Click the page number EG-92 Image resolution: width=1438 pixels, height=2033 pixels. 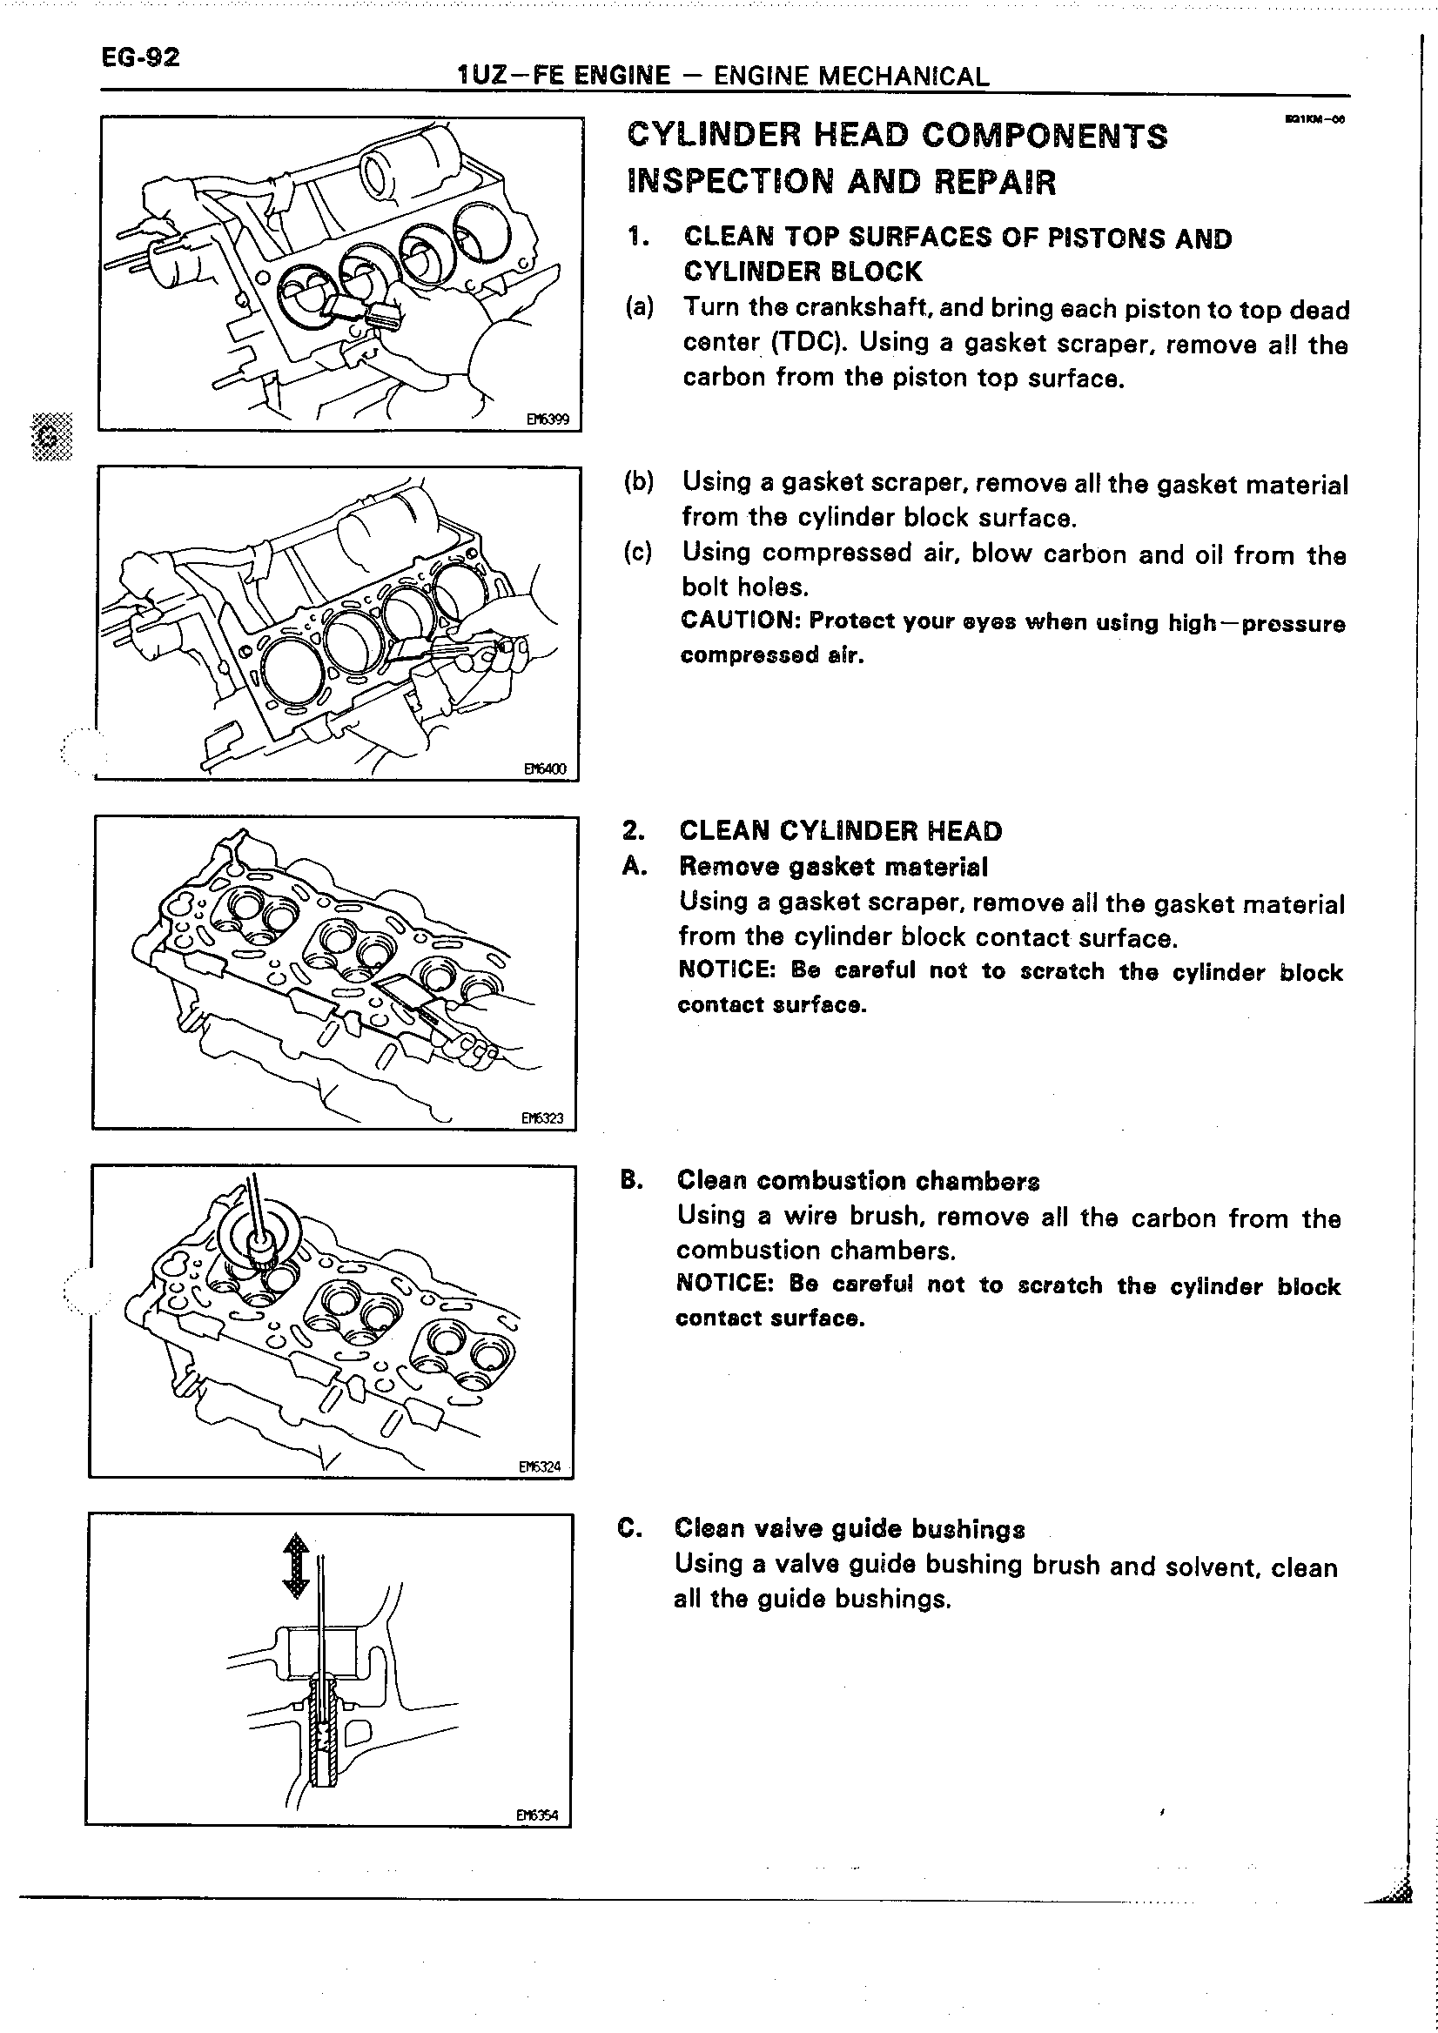coord(141,58)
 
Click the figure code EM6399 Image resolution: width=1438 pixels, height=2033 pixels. coord(548,419)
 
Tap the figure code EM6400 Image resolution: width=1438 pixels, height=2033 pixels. coord(545,768)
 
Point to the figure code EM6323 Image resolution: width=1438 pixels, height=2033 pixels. coord(542,1117)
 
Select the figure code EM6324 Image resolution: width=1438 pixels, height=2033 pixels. coord(540,1466)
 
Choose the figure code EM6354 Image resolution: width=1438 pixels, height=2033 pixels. coord(536,1815)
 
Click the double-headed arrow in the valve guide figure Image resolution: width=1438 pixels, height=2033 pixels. coord(295,1567)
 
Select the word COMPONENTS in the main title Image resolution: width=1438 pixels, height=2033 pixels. coord(1044,137)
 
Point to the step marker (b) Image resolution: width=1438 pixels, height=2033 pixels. coord(638,482)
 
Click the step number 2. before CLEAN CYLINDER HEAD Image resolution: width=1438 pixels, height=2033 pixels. coord(633,830)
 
